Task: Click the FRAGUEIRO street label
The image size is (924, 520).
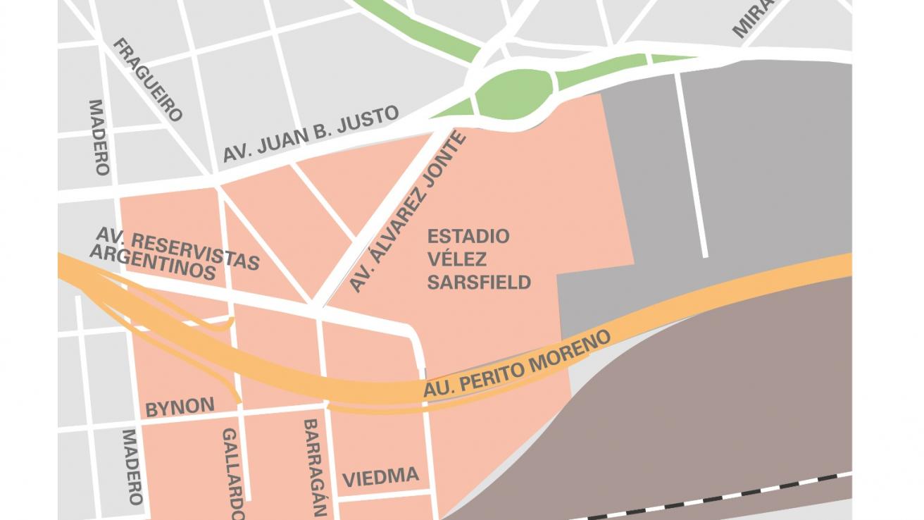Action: (x=149, y=79)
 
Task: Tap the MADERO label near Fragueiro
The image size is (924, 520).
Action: (x=99, y=137)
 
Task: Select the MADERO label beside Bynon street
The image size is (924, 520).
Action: (x=133, y=466)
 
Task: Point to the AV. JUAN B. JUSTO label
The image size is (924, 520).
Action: (x=311, y=134)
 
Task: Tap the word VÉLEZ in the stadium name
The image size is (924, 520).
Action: (x=457, y=259)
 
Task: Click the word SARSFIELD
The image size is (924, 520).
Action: (x=479, y=283)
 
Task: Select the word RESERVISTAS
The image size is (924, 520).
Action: (x=195, y=249)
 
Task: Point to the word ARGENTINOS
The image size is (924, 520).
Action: (x=152, y=262)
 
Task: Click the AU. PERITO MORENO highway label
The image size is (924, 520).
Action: (x=517, y=364)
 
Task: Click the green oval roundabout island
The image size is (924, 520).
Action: (x=515, y=93)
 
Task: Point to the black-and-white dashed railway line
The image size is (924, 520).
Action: (x=704, y=502)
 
